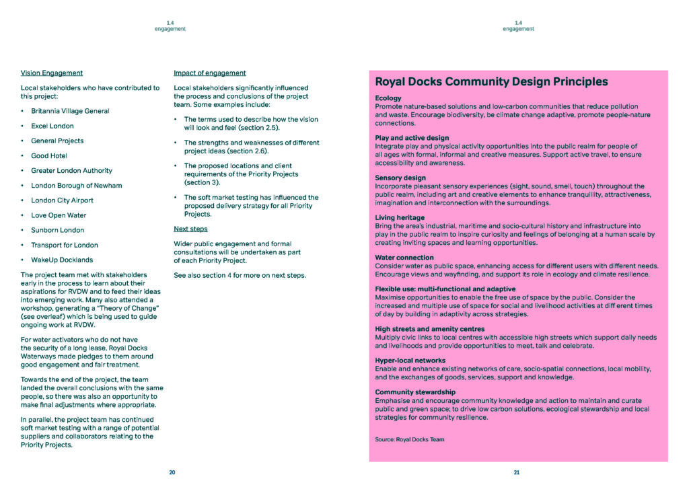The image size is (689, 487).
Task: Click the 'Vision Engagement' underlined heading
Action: [52, 73]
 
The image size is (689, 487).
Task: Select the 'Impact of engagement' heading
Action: [209, 73]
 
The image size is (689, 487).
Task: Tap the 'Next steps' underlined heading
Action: [190, 229]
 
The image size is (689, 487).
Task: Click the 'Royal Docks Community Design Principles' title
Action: [491, 82]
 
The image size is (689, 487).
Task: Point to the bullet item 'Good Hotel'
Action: [49, 155]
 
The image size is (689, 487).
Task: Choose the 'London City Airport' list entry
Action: [62, 200]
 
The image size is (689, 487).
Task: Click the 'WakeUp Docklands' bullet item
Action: [62, 260]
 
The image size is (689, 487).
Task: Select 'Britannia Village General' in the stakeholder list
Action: [70, 111]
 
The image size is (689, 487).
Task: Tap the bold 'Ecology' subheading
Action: [388, 98]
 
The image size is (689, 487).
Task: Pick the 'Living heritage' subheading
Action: [399, 218]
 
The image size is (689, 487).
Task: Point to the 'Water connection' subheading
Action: [404, 258]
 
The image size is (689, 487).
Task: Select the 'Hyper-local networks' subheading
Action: [410, 361]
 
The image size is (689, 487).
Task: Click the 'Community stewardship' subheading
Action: [414, 392]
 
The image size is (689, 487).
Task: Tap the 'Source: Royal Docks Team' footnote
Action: [409, 439]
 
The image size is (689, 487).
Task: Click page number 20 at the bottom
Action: [172, 473]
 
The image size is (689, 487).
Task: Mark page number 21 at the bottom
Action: [517, 473]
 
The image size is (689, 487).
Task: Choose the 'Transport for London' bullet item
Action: [64, 245]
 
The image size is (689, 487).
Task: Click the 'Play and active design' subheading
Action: [412, 138]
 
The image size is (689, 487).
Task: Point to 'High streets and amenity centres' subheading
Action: [429, 329]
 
